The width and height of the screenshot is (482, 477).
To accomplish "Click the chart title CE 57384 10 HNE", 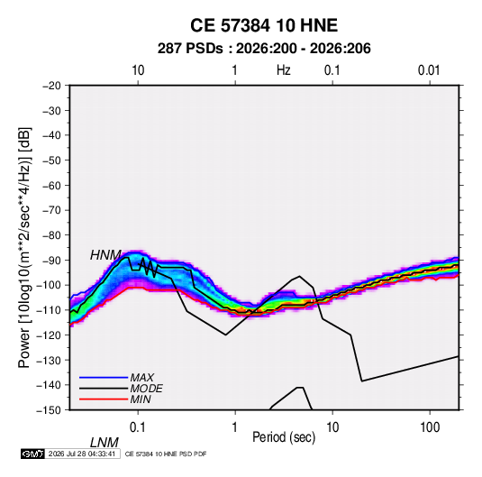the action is click(x=264, y=25).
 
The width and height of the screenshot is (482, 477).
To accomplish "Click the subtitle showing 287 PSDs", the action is click(x=264, y=49).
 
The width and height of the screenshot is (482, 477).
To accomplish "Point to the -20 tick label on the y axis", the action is click(x=51, y=86).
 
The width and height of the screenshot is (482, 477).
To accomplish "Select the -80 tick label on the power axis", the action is click(x=51, y=235).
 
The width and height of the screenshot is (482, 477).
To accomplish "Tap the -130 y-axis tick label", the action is click(x=49, y=360).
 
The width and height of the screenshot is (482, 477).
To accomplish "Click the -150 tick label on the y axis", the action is click(x=49, y=410).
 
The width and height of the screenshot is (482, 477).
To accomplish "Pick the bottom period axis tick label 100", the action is click(x=430, y=427).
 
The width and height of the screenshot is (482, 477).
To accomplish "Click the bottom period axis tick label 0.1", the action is click(x=138, y=427).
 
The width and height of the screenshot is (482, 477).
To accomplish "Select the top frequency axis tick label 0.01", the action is click(x=429, y=70).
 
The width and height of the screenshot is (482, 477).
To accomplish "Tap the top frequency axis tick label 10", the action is click(x=138, y=70).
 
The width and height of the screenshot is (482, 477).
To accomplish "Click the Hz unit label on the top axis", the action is click(x=284, y=70).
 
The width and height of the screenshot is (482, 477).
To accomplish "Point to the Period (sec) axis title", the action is click(x=284, y=437).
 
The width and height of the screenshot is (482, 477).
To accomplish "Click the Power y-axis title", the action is click(x=24, y=248).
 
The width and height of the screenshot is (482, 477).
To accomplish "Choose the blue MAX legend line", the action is click(x=104, y=377).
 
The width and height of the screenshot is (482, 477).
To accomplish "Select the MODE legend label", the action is click(x=146, y=389).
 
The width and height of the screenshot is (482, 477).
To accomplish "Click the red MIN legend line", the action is click(x=104, y=399).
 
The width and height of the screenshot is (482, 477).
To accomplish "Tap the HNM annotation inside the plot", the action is click(x=105, y=255).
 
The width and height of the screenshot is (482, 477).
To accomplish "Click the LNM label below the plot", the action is click(x=104, y=443).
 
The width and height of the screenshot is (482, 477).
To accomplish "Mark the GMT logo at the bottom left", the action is click(x=32, y=454).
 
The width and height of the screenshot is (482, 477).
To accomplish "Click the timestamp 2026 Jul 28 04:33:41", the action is click(x=82, y=454).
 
